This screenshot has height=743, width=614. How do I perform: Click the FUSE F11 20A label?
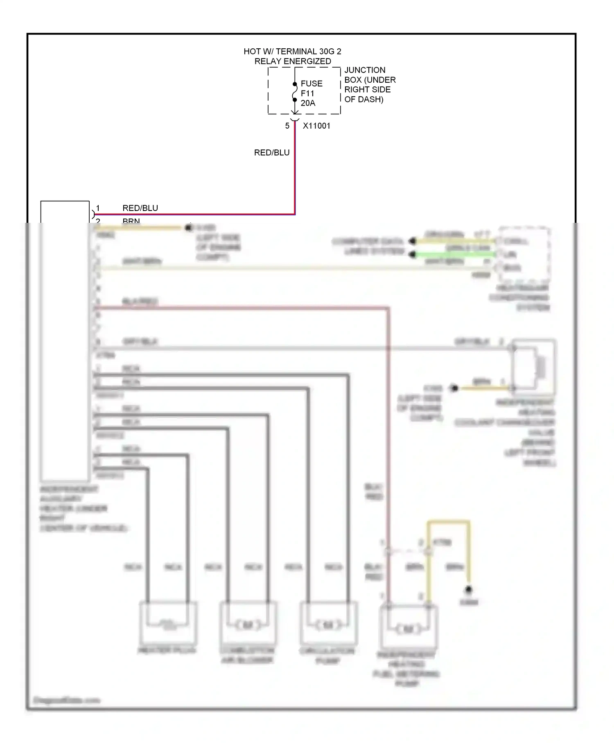[x=311, y=93]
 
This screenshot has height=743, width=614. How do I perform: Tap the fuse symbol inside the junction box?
[x=295, y=93]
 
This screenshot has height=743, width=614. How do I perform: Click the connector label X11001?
[x=316, y=126]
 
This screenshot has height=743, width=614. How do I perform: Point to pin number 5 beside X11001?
[x=287, y=126]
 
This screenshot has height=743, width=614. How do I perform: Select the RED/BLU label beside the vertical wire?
[x=272, y=152]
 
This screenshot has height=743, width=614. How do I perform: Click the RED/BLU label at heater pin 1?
[x=140, y=208]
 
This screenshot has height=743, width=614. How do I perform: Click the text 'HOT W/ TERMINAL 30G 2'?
[x=292, y=51]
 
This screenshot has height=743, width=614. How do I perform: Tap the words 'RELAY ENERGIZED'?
[x=292, y=61]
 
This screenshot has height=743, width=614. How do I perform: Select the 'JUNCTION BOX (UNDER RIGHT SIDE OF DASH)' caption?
[x=370, y=85]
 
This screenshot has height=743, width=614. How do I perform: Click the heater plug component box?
[x=168, y=622]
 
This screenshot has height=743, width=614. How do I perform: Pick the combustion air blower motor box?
[x=248, y=622]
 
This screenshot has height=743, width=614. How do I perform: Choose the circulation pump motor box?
[x=328, y=622]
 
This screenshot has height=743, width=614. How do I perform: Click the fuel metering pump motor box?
[x=409, y=626]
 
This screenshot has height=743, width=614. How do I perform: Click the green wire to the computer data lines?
[x=454, y=255]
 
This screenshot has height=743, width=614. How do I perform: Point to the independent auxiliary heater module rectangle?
[x=65, y=340]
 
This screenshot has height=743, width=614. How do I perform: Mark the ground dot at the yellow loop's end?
[x=469, y=590]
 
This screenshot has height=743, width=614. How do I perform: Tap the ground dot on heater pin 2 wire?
[x=188, y=228]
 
